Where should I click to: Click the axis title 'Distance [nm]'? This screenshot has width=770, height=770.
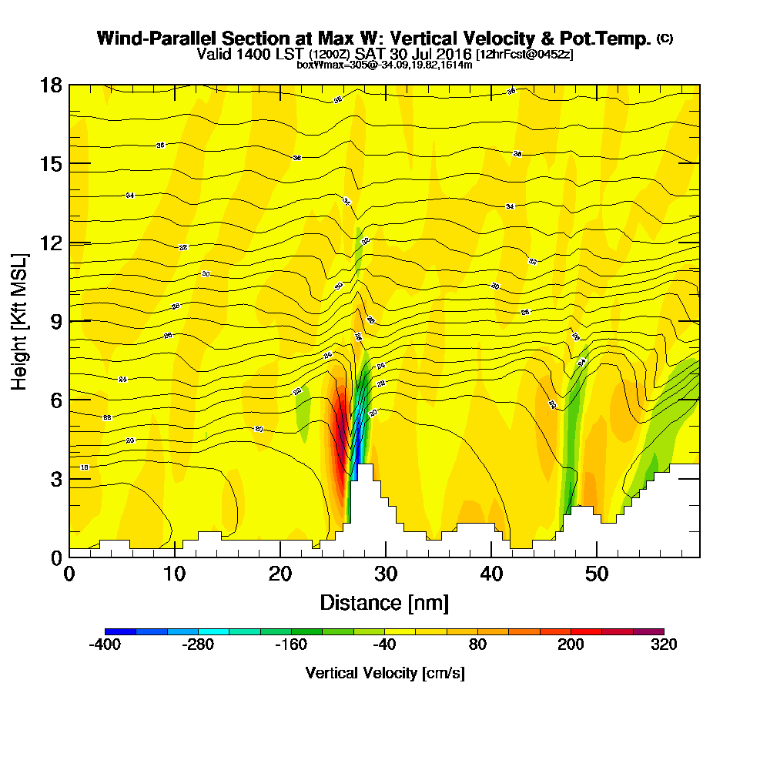384,602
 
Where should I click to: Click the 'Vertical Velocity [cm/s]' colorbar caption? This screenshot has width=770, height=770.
384,673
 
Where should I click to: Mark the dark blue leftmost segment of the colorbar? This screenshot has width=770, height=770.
120,631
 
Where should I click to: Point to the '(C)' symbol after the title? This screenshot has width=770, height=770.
665,38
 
